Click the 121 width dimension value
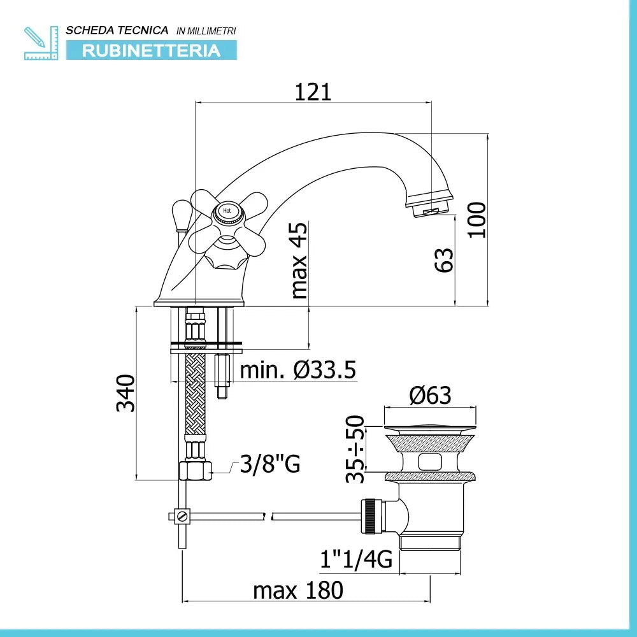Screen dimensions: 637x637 (x=313, y=92)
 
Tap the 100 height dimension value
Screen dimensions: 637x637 (x=477, y=220)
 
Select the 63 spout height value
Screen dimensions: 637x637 (x=443, y=260)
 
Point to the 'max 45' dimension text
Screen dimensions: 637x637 (x=299, y=261)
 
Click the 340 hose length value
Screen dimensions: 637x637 (x=125, y=393)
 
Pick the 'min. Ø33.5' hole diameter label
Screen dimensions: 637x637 (x=297, y=369)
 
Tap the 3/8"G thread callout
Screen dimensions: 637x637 (x=269, y=463)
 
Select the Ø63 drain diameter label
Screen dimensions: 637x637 (x=430, y=395)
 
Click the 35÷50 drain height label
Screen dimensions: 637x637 (x=355, y=449)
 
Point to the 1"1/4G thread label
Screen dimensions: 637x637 (x=356, y=559)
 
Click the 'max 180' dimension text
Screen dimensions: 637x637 (x=298, y=590)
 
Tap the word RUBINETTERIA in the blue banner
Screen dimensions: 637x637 (x=151, y=50)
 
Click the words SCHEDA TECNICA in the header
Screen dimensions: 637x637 (x=117, y=31)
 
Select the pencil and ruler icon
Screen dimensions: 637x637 (x=41, y=43)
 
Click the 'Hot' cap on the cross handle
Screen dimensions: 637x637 (x=227, y=211)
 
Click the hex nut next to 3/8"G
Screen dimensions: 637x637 (x=195, y=471)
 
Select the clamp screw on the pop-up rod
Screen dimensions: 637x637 (x=182, y=517)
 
